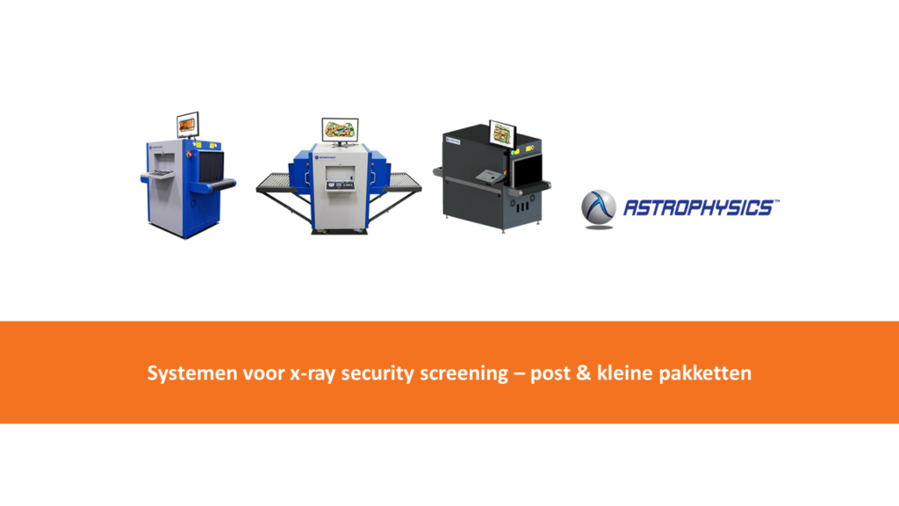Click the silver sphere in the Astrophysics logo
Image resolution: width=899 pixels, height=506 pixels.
point(599,206)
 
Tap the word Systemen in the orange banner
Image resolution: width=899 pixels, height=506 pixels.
point(192,373)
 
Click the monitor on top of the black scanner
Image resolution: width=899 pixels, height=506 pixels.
point(502,134)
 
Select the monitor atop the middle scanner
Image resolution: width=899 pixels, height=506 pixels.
point(340,131)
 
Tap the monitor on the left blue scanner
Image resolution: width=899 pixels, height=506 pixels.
point(188,125)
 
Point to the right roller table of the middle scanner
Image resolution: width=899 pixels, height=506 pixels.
point(402,183)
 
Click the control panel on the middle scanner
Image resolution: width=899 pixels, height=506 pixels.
point(340,184)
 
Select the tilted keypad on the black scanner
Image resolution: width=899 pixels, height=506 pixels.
point(490,177)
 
